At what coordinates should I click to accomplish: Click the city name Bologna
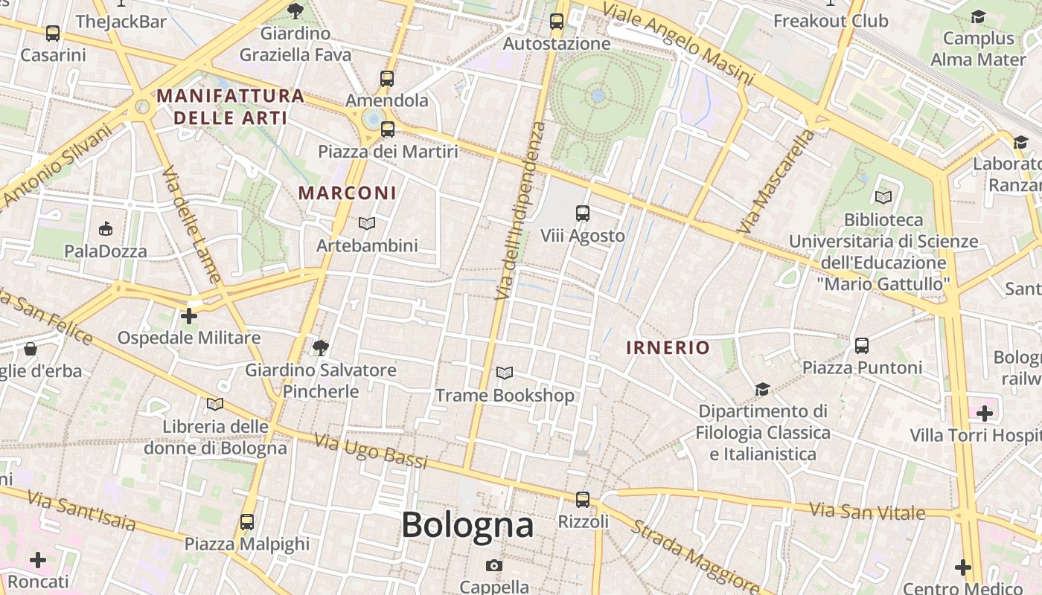(x=467, y=525)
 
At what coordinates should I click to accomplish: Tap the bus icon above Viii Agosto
(x=583, y=213)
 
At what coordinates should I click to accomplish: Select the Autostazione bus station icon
(x=557, y=21)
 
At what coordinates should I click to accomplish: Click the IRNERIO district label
(x=668, y=347)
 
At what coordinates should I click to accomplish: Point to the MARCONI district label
(x=348, y=193)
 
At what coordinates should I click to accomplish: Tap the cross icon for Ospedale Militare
(x=189, y=316)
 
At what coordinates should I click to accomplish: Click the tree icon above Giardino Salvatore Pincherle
(x=321, y=347)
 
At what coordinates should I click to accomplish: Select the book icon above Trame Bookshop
(x=505, y=373)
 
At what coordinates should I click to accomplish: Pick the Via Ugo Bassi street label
(x=371, y=451)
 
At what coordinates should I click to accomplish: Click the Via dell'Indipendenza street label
(x=521, y=212)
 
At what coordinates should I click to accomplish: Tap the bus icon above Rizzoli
(x=583, y=499)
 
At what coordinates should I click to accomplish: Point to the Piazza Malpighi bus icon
(x=247, y=521)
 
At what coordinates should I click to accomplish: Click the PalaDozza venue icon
(x=106, y=228)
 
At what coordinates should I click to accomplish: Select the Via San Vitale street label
(x=867, y=512)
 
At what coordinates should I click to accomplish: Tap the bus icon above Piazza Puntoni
(x=862, y=345)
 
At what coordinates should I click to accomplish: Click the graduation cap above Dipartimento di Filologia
(x=762, y=389)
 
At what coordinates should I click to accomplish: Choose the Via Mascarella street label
(x=777, y=182)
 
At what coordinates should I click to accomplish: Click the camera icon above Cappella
(x=493, y=565)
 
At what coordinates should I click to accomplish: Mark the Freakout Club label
(x=831, y=21)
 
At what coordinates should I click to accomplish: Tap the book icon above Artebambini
(x=367, y=223)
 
